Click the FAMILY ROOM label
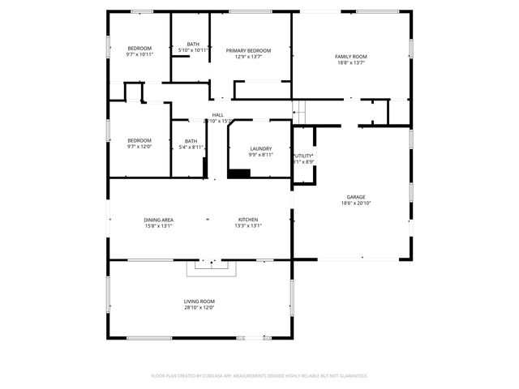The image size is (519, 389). (x=351, y=56)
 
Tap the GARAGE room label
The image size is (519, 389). (x=356, y=197)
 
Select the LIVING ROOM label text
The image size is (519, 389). (x=199, y=301)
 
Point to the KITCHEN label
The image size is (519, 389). (x=248, y=220)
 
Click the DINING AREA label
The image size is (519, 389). (x=159, y=220)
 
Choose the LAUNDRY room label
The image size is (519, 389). (x=261, y=148)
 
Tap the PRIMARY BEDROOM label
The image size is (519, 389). (x=248, y=50)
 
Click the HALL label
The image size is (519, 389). (x=218, y=115)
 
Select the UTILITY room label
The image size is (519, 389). (x=303, y=155)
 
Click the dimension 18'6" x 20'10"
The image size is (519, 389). (x=356, y=203)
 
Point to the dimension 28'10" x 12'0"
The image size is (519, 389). (x=199, y=308)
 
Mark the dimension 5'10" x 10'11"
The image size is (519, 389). (x=193, y=50)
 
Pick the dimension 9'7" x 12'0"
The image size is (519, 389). (x=139, y=147)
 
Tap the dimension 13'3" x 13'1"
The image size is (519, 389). (x=248, y=226)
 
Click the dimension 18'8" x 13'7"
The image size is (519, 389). (x=351, y=62)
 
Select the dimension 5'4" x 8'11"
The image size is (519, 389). (x=191, y=147)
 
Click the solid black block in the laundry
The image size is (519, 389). (x=239, y=173)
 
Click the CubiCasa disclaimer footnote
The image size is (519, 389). (x=259, y=376)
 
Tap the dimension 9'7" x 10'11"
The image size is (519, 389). (x=139, y=54)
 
